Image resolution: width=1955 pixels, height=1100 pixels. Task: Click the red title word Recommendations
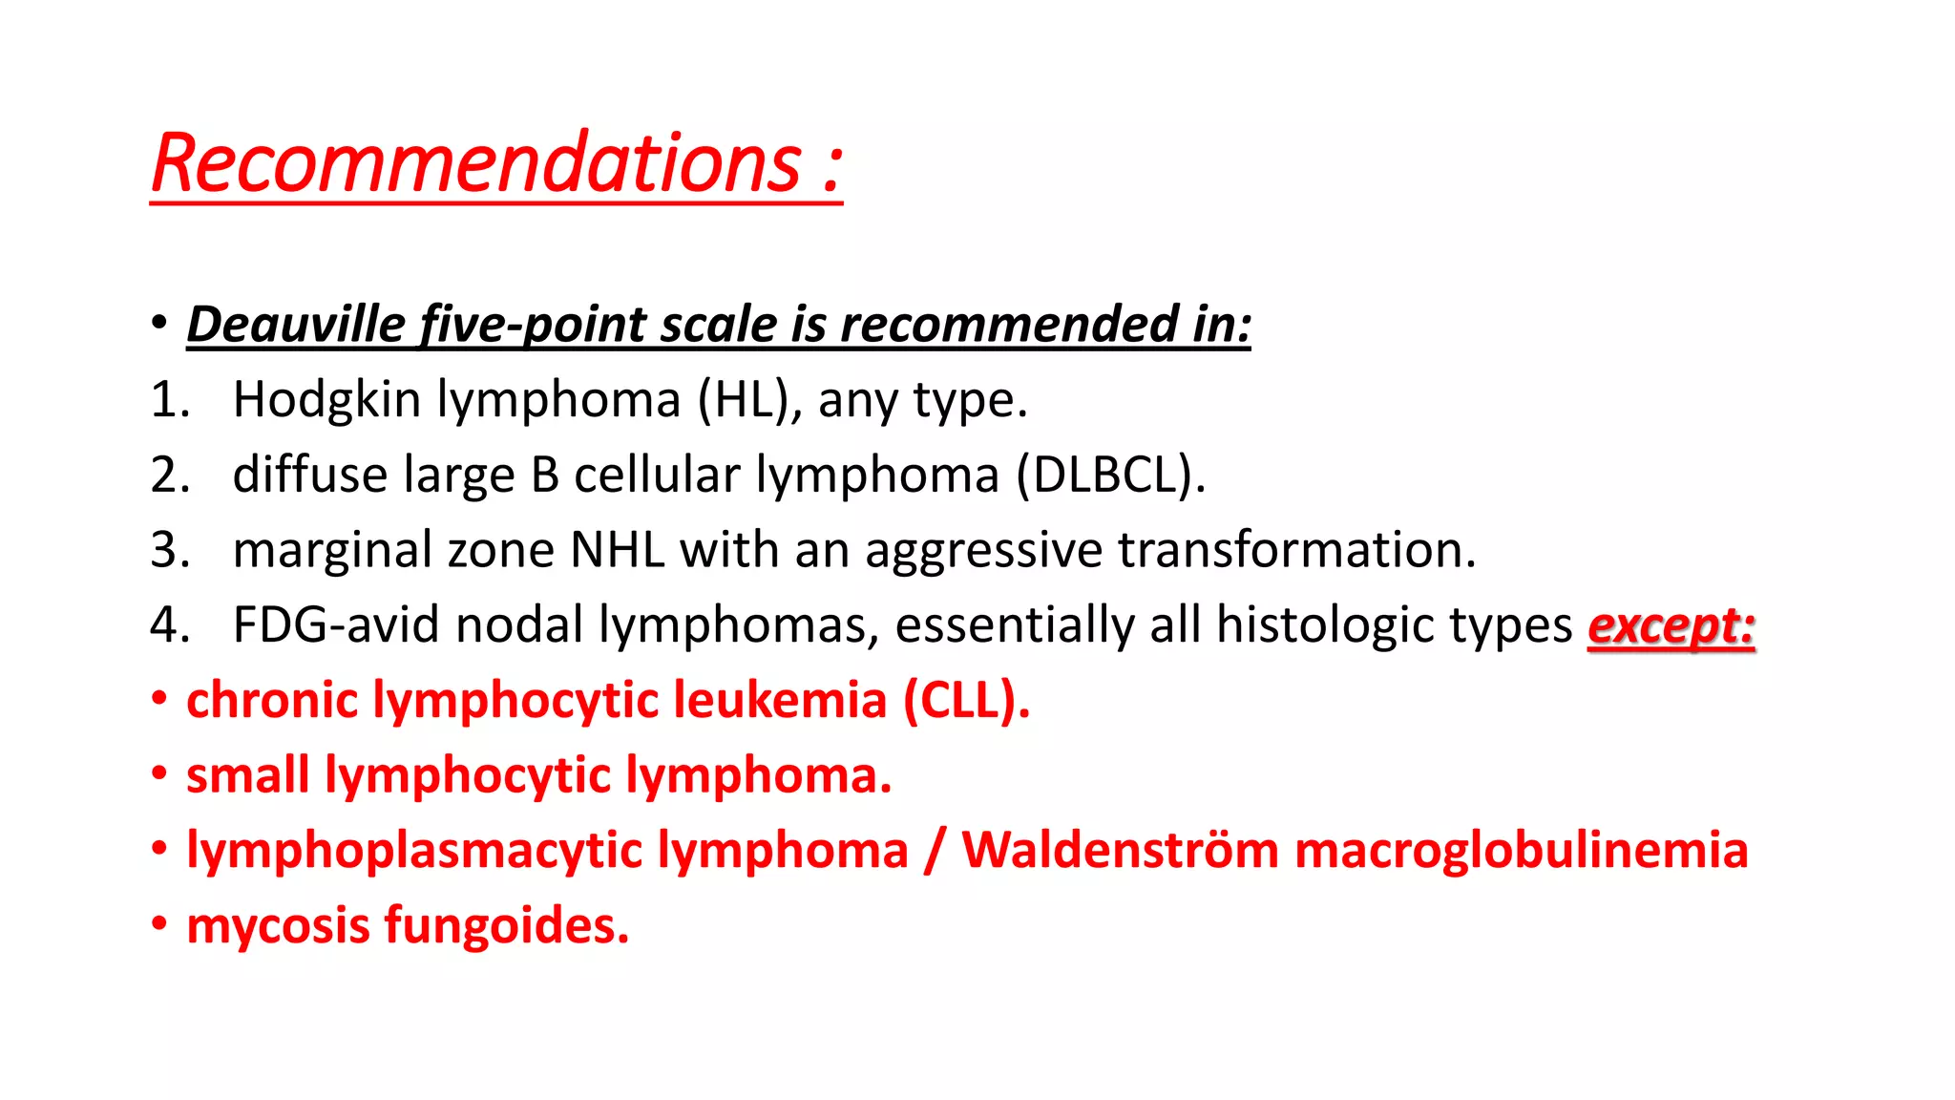(x=475, y=163)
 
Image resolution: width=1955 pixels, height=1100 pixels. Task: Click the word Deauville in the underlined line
(x=295, y=325)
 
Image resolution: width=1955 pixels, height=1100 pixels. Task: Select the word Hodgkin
(x=326, y=399)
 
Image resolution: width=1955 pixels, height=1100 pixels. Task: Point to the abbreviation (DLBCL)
(x=1110, y=475)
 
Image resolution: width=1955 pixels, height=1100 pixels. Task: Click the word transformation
(x=1296, y=550)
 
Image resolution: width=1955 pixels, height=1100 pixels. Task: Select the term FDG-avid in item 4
(x=336, y=625)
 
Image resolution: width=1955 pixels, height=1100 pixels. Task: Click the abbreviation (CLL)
(x=966, y=700)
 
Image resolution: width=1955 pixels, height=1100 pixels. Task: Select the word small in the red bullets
(x=247, y=774)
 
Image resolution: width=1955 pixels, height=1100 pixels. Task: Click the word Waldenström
(x=1119, y=850)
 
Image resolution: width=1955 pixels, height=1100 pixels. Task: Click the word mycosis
(x=278, y=926)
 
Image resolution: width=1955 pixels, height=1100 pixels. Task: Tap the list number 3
(x=168, y=550)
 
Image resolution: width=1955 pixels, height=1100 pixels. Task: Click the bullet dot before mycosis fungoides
(x=159, y=923)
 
